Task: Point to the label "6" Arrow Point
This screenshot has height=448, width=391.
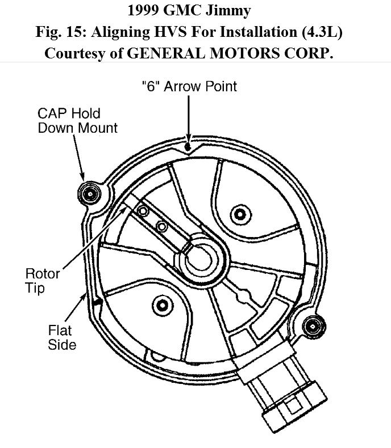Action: point(188,86)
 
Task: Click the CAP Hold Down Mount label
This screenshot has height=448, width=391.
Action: point(77,120)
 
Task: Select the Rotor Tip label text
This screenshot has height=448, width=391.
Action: point(43,281)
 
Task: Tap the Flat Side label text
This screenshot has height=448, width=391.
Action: point(62,336)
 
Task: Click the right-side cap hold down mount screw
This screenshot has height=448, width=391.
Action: point(311,326)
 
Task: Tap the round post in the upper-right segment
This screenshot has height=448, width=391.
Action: point(238,213)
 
